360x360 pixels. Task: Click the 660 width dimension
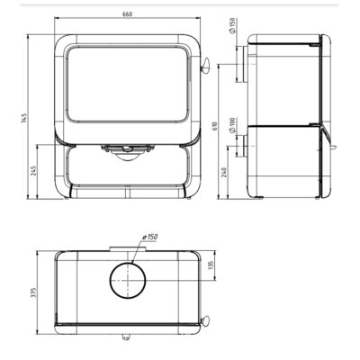127,14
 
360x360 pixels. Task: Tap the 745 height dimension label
25,118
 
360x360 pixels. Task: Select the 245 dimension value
33,170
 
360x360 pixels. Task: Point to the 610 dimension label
215,126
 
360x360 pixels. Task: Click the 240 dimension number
224,172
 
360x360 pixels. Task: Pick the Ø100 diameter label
234,125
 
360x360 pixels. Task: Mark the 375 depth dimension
33,292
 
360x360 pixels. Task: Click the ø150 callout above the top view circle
149,237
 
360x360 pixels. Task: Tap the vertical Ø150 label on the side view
234,26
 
